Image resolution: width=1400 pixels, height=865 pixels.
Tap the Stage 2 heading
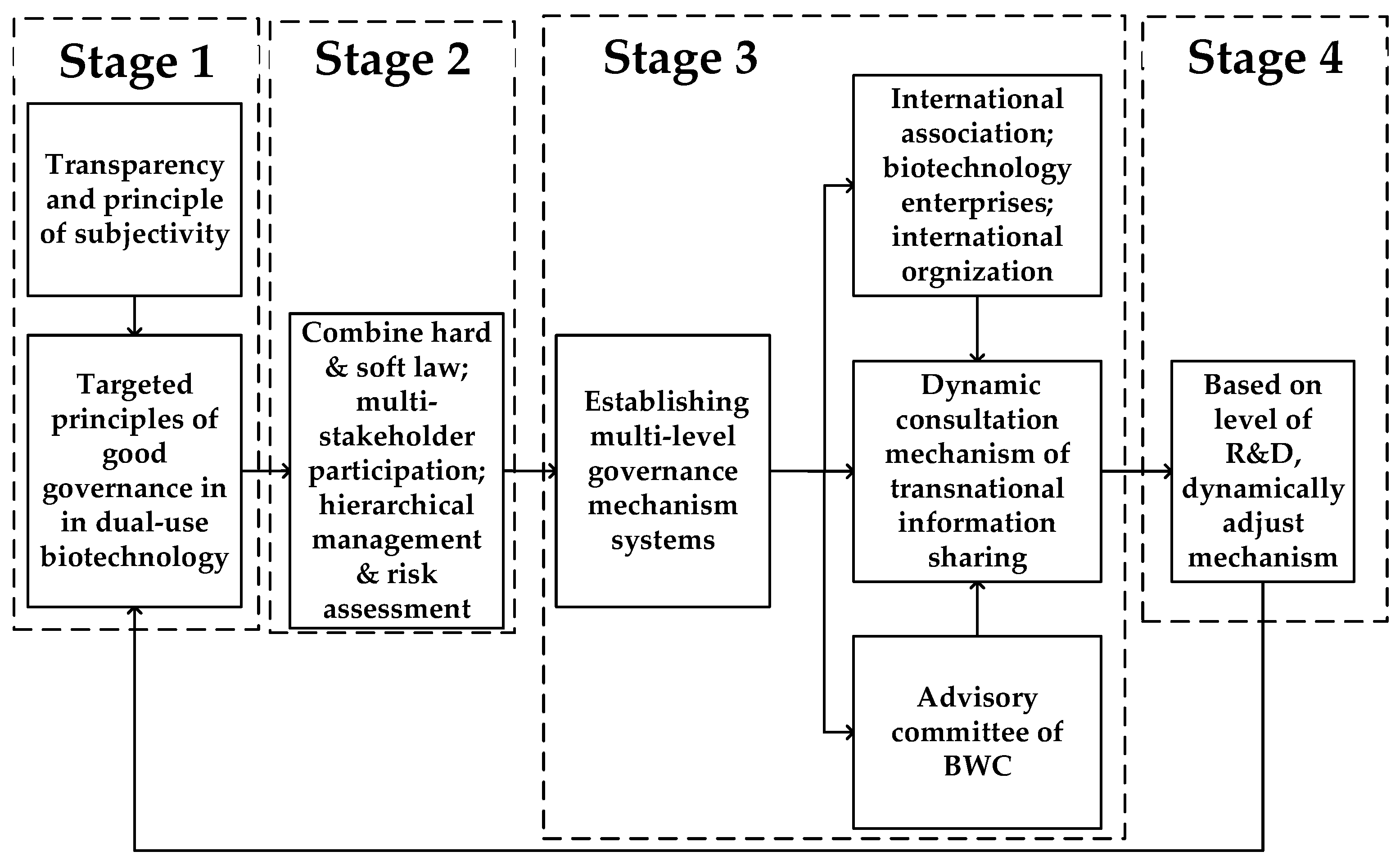point(393,59)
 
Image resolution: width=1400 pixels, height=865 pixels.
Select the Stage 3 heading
point(680,59)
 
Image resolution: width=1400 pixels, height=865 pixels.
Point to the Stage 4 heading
point(1265,59)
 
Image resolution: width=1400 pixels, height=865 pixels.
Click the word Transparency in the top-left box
point(135,165)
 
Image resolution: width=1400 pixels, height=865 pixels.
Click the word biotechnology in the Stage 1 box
point(135,557)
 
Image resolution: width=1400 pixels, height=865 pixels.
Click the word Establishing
point(666,402)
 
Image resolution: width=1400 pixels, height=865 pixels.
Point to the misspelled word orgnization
point(977,272)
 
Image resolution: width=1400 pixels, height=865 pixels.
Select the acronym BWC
point(977,765)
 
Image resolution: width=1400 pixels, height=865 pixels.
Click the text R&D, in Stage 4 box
point(1263,454)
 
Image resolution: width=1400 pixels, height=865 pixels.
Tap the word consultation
point(977,420)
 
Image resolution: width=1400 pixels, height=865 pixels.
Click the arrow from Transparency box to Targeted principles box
point(135,316)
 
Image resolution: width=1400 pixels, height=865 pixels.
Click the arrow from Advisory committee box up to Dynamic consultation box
point(977,609)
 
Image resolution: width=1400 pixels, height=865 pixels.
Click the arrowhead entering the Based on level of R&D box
point(1167,471)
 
